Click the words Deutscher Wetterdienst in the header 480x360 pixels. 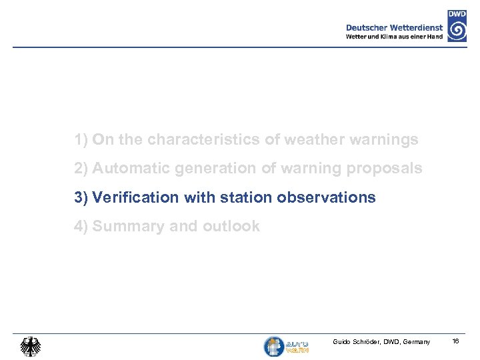(x=394, y=27)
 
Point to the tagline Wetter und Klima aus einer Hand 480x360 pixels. (x=394, y=37)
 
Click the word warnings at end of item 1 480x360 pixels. (x=385, y=140)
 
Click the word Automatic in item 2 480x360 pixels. (x=131, y=169)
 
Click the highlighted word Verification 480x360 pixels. (x=135, y=197)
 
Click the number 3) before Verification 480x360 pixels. (x=81, y=197)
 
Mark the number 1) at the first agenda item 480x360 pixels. (x=81, y=140)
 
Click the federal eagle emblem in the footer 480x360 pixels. (x=30, y=346)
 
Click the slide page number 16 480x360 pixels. (x=456, y=341)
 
